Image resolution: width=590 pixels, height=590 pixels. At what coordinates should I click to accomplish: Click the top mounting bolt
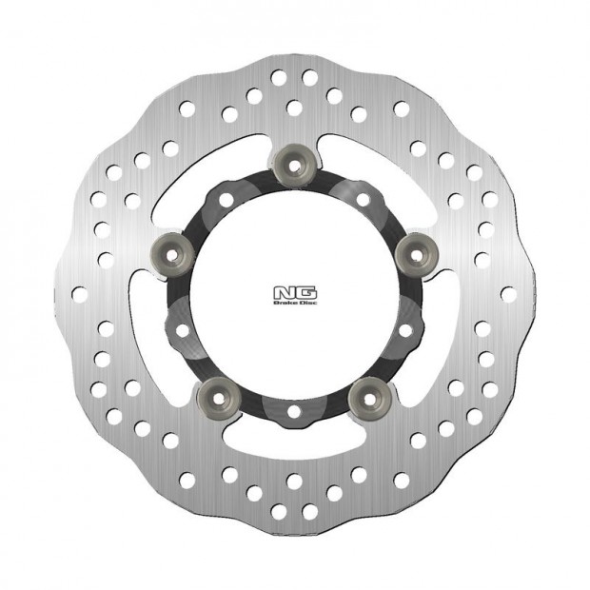click(294, 164)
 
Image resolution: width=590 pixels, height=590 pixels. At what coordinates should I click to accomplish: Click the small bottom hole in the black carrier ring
click(294, 411)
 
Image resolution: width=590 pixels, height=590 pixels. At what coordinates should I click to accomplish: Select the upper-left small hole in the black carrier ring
click(226, 200)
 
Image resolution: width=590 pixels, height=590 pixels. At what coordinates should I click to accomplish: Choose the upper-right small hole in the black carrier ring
click(363, 200)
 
